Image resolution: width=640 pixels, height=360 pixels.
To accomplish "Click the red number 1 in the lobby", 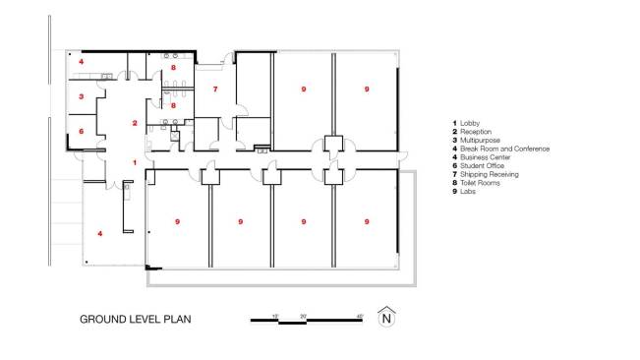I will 136,161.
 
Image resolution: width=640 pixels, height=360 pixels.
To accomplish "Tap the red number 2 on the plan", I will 136,123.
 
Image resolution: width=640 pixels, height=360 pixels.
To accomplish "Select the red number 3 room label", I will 82,95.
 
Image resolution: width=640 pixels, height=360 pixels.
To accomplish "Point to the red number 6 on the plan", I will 82,131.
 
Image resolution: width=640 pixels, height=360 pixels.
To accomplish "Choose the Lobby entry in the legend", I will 471,123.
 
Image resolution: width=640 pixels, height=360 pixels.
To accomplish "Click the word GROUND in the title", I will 103,319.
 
